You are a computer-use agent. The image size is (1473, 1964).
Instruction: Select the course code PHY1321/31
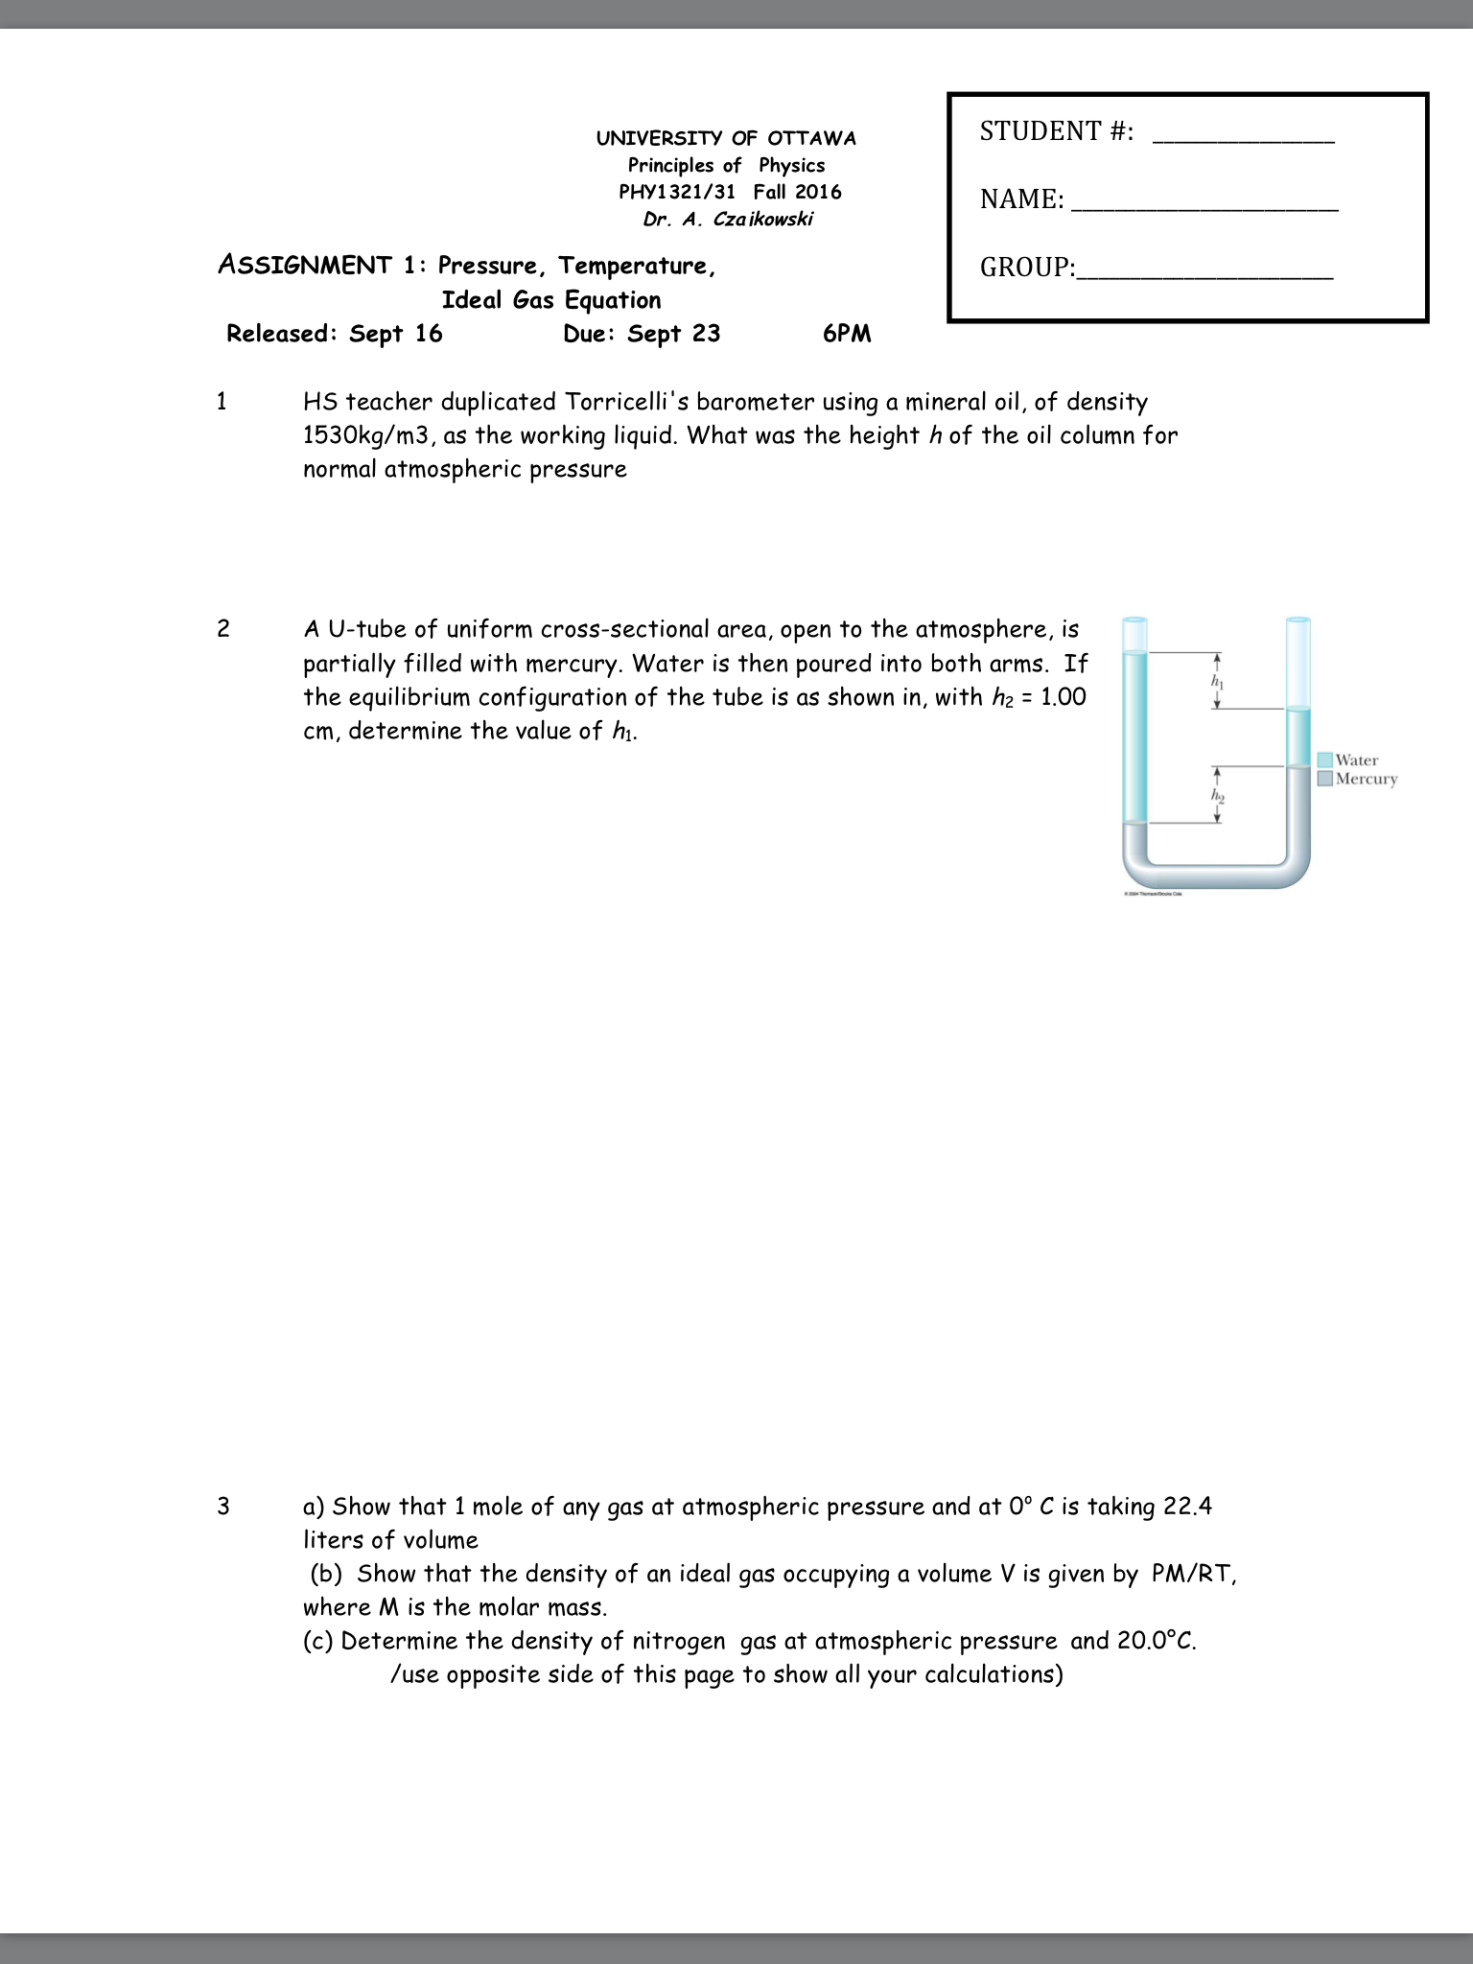pos(677,192)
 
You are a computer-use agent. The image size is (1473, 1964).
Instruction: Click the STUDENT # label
pos(1056,131)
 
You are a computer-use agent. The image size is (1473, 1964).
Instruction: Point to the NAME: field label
pos(1021,199)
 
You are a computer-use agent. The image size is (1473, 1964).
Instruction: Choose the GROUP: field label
pos(1027,268)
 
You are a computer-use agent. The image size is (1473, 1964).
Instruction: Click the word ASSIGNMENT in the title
pos(304,265)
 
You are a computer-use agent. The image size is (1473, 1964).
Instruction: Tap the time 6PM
pos(847,334)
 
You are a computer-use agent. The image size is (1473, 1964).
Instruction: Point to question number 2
pos(223,629)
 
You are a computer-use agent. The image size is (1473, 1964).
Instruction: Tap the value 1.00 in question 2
pos(1064,697)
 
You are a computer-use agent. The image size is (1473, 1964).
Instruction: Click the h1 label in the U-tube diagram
pos(1218,682)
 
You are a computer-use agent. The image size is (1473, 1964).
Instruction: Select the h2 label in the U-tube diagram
pos(1218,796)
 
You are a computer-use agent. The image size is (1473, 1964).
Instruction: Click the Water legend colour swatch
pos(1325,760)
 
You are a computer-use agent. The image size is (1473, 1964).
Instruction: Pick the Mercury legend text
pos(1367,779)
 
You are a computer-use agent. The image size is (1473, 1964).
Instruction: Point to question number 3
pos(223,1507)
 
